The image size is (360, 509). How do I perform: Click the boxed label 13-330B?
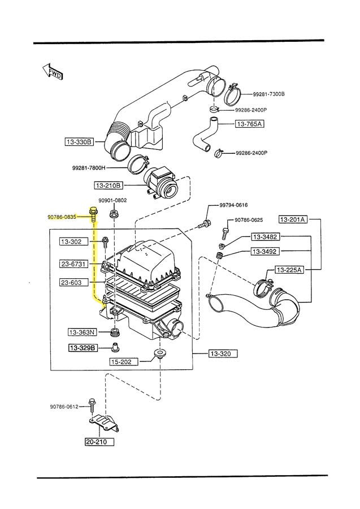[x=78, y=142]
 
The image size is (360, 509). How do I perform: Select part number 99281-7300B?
[x=268, y=93]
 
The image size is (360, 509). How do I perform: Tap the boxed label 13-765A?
[x=249, y=123]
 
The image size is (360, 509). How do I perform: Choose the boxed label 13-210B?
[x=108, y=184]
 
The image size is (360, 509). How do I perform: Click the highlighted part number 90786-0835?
[x=62, y=216]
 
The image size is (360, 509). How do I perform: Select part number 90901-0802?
[x=112, y=200]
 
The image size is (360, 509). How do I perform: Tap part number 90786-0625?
[x=249, y=219]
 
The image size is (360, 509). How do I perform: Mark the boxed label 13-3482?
[x=264, y=236]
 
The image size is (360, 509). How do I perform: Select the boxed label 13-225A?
[x=289, y=270]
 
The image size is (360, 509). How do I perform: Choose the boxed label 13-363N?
[x=82, y=332]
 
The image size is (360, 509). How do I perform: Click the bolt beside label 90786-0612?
[x=91, y=405]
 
